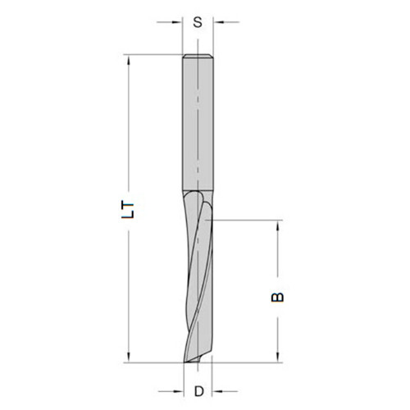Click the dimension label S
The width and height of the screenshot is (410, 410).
(x=198, y=22)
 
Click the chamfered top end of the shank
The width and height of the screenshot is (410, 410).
(x=198, y=57)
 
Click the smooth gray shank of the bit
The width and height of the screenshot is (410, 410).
(x=198, y=123)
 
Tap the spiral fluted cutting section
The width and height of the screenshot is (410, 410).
(x=198, y=279)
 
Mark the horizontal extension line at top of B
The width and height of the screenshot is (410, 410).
(x=246, y=220)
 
